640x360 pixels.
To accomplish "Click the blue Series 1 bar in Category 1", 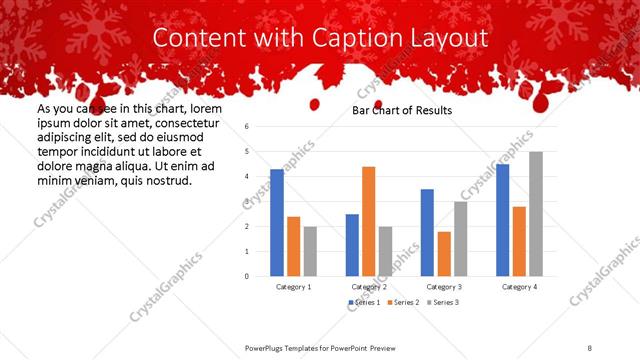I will click(277, 223).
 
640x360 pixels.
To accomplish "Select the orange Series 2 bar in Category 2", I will click(368, 221).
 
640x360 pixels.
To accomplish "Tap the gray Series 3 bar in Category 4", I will click(535, 214).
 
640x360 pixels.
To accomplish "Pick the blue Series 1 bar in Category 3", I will click(427, 232).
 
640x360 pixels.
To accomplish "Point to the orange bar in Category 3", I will click(444, 254).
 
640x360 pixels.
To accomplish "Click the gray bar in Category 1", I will click(310, 251).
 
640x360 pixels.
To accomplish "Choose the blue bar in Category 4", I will click(502, 220).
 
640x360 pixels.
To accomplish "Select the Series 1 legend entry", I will click(363, 302).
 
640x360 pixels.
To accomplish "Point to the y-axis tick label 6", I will click(246, 127).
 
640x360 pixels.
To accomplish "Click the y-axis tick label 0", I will click(246, 277).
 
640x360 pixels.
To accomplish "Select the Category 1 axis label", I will click(294, 287).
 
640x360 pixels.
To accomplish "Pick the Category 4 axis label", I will click(518, 287).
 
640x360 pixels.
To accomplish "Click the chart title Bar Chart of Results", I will click(402, 110).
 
